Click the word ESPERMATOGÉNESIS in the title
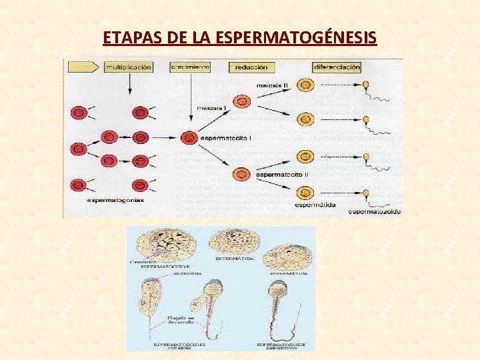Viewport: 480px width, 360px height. click(297, 37)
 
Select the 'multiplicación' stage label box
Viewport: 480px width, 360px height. click(128, 67)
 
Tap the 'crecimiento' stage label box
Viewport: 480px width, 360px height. click(190, 67)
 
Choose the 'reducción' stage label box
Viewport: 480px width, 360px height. click(251, 67)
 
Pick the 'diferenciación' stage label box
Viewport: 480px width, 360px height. click(337, 67)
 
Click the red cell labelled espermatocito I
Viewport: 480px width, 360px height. click(189, 138)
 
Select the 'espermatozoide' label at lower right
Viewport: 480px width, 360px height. click(375, 211)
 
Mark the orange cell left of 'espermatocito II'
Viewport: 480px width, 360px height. click(242, 175)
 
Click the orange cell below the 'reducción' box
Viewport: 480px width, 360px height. click(243, 101)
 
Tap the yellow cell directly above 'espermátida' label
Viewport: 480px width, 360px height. click(305, 193)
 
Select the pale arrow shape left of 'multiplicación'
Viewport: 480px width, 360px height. click(83, 67)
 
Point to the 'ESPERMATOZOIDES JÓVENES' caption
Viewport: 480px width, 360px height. click(179, 345)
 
